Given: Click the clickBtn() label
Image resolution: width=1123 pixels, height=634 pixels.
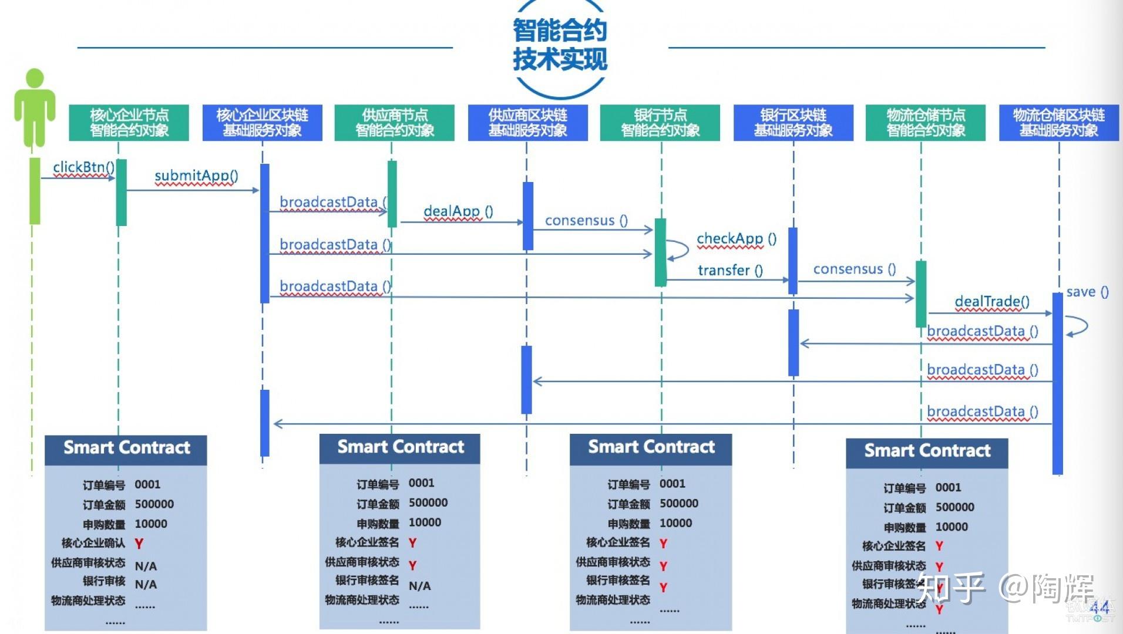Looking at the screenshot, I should [83, 167].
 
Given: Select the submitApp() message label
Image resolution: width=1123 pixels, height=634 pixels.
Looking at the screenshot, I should [196, 176].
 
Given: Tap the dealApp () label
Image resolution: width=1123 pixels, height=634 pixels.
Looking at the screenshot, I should [458, 211].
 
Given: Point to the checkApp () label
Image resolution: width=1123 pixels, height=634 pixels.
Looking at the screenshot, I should [737, 239].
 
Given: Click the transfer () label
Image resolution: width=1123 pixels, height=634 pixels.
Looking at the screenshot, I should [730, 271].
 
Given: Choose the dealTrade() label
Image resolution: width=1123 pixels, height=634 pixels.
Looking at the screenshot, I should [992, 302].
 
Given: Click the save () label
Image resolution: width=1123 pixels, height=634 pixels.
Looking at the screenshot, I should [1087, 292].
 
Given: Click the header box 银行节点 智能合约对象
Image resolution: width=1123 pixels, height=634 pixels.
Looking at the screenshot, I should [660, 123].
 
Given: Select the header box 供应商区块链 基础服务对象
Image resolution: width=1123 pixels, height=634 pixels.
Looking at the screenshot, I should [527, 123].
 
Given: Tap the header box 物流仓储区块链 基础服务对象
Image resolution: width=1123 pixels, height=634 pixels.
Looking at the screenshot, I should [1058, 123].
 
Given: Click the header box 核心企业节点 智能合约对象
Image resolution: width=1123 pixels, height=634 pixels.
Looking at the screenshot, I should [129, 123].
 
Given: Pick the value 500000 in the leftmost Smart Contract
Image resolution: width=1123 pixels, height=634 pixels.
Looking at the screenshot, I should [154, 504].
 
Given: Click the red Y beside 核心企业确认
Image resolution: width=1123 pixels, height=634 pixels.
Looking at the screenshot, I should [139, 544].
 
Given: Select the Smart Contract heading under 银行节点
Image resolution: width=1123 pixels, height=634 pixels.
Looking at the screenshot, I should [651, 447].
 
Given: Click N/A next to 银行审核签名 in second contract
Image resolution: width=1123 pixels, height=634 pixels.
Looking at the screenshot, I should [419, 586].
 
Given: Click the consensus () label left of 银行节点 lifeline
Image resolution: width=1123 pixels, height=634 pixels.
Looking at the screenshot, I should [586, 221].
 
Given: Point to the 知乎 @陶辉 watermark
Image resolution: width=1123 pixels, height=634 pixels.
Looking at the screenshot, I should [1006, 587].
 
